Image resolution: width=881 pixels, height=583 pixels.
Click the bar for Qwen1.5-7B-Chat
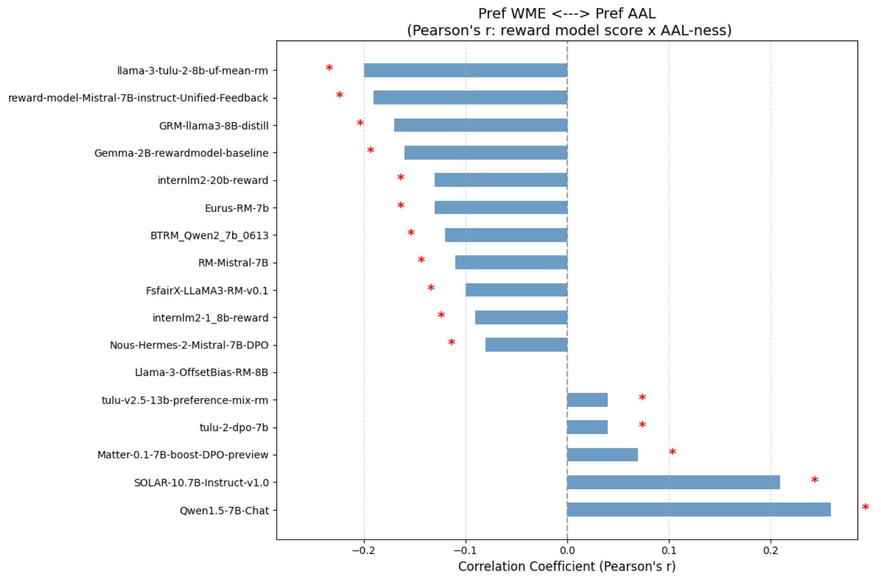point(699,509)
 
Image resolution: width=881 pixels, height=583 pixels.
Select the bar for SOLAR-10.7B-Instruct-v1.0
point(673,482)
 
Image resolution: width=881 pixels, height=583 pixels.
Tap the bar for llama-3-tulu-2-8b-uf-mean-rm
point(465,70)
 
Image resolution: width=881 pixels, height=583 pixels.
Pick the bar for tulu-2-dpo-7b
point(587,427)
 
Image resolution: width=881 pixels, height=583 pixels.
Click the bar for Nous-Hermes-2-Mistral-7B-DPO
point(526,344)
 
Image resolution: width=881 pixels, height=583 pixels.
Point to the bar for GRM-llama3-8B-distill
point(480,125)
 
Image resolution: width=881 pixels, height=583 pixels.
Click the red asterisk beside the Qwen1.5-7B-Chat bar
point(865,507)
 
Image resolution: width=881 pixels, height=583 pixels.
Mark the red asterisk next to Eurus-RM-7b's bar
point(400,205)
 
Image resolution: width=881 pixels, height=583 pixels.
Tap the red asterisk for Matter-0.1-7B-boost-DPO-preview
point(672,452)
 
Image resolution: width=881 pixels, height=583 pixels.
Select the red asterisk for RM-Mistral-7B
point(421,260)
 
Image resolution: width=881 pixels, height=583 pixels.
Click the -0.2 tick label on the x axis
point(364,550)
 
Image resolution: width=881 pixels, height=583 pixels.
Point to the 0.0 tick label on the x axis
point(567,550)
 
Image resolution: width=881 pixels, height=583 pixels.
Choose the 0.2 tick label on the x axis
point(771,550)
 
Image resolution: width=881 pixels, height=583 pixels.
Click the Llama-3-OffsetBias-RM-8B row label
point(201,372)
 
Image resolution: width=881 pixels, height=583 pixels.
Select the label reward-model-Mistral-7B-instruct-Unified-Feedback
point(138,98)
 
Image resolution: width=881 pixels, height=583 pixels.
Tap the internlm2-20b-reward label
point(213,180)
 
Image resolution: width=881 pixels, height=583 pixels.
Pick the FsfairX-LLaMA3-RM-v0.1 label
point(207,290)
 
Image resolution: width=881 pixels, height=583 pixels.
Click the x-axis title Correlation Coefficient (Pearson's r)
point(567,566)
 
